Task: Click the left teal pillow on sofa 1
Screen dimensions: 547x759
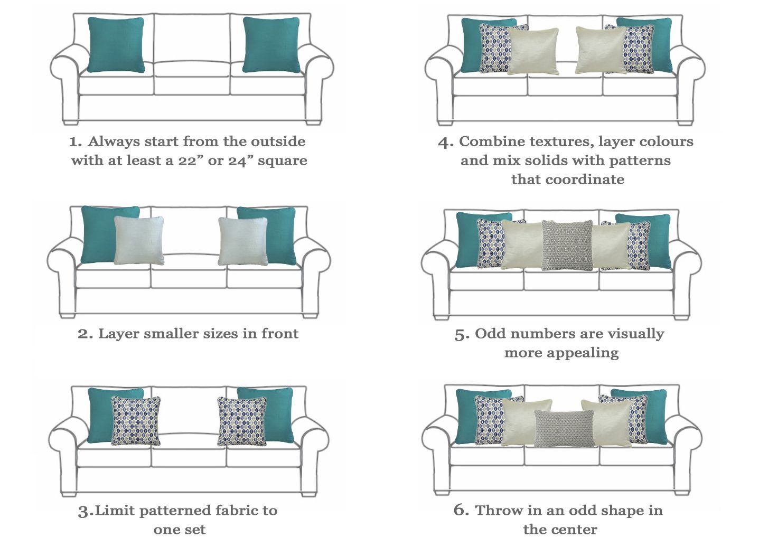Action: pyautogui.click(x=116, y=45)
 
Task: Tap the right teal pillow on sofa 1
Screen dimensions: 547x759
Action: pyautogui.click(x=271, y=45)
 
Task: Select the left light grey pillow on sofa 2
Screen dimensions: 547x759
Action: pyautogui.click(x=139, y=241)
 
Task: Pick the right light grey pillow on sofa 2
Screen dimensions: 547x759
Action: pyautogui.click(x=242, y=241)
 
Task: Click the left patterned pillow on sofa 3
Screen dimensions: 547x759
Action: pyautogui.click(x=136, y=421)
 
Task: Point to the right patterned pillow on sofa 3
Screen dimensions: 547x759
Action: pyautogui.click(x=242, y=421)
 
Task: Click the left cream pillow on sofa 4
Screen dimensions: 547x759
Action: pyautogui.click(x=533, y=51)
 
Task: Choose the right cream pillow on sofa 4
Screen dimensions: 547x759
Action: pyautogui.click(x=601, y=50)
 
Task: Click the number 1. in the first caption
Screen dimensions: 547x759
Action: pyautogui.click(x=76, y=142)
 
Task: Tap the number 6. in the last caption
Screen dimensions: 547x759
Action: pyautogui.click(x=461, y=510)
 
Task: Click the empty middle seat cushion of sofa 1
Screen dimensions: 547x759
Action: pyautogui.click(x=192, y=69)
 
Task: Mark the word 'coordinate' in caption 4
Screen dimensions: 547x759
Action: pyautogui.click(x=585, y=180)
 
